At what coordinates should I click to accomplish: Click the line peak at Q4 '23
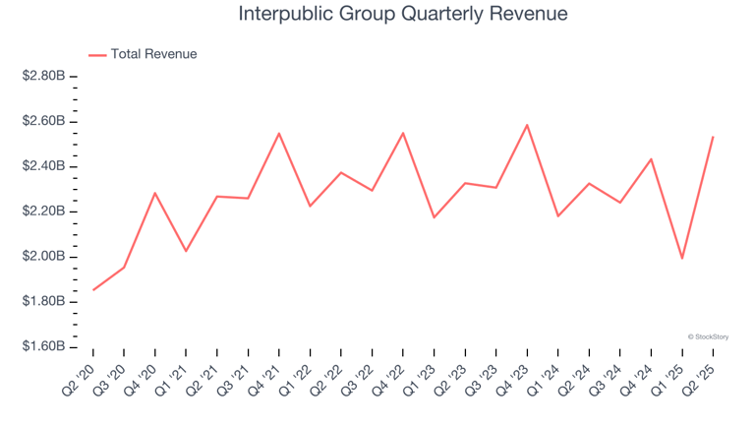tap(527, 125)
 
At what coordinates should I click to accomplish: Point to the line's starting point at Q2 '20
tap(93, 290)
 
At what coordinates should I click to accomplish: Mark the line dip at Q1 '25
tap(682, 259)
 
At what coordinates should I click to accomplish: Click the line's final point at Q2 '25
tap(713, 137)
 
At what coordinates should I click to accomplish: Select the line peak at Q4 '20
tap(155, 193)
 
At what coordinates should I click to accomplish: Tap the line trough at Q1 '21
tap(186, 251)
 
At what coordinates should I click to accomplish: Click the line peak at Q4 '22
tap(403, 133)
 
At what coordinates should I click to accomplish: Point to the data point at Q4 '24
tap(651, 159)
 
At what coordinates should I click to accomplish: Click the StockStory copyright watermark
tap(708, 336)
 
